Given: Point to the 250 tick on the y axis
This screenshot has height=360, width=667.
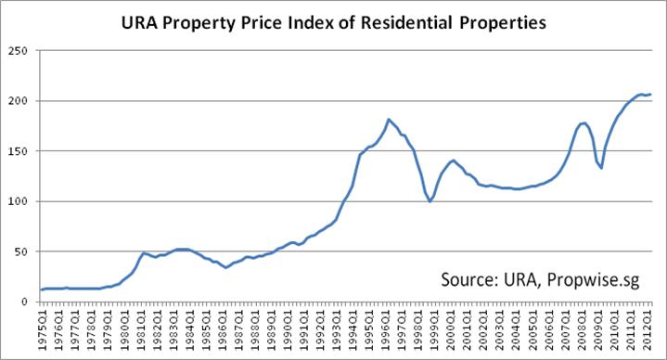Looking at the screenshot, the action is tap(18, 51).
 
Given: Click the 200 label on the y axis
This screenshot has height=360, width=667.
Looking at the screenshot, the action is tap(18, 101).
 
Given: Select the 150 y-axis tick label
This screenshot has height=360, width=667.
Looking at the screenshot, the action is tap(18, 151).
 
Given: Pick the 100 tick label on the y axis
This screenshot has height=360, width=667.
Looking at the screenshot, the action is tap(18, 201).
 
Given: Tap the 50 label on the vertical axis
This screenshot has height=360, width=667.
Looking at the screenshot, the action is tap(20, 252).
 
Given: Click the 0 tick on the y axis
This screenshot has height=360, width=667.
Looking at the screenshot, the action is tap(24, 302).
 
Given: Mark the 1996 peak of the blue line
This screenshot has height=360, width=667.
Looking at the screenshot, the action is tap(388, 119).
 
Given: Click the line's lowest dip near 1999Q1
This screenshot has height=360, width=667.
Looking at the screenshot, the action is tap(430, 201).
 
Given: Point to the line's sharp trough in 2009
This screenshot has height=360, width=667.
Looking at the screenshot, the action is tap(601, 168).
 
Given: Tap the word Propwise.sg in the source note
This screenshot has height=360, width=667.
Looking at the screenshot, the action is tap(593, 280).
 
